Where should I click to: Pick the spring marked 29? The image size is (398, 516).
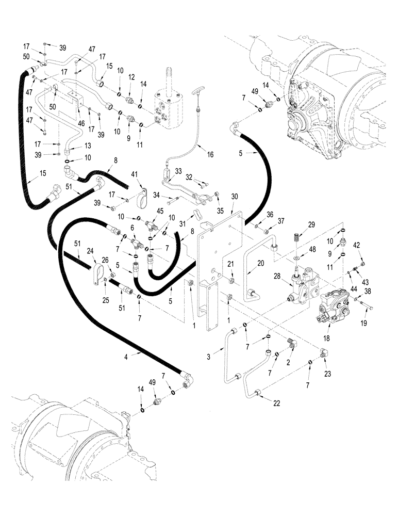coord(296,238)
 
